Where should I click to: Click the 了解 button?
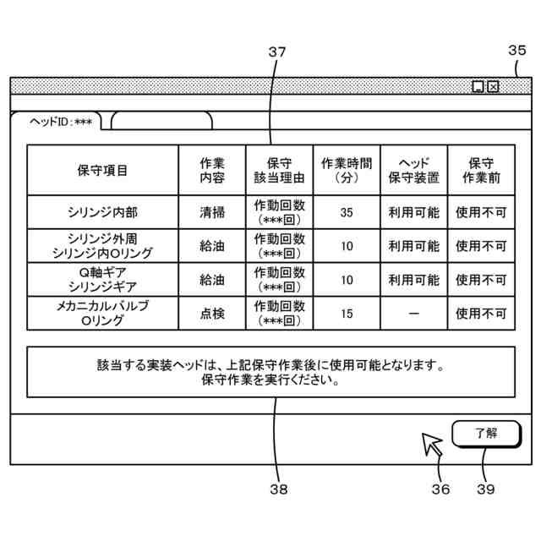coord(485,433)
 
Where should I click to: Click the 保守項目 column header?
coord(102,170)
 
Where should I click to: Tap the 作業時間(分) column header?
coord(347,170)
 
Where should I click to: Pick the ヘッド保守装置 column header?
coord(413,170)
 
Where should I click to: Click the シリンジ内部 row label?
coord(102,212)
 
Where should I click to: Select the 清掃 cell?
coord(212,212)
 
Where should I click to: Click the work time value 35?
coord(347,212)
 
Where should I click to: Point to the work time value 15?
coord(347,314)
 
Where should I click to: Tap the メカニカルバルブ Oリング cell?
coord(102,314)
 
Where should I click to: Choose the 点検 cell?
coord(212,314)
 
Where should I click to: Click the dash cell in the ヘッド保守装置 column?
coord(413,314)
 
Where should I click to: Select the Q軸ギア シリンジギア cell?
coord(102,280)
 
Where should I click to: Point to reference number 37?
coord(276,52)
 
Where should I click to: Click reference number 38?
coord(278,489)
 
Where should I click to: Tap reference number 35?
coord(516,50)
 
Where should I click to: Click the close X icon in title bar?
coord(493,86)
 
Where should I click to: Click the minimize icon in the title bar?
coord(478,86)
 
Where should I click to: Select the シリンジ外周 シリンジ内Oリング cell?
coord(102,246)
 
